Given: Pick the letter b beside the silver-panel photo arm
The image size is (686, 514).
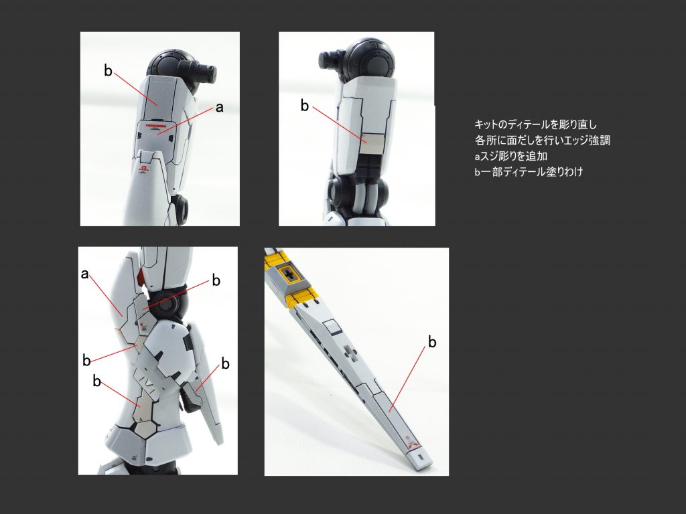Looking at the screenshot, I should click(x=305, y=106).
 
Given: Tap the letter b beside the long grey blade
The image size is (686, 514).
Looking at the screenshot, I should click(x=432, y=343).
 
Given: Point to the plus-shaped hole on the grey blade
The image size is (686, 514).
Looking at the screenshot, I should click(x=349, y=353).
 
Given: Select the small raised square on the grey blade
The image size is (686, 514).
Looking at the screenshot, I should click(x=330, y=327).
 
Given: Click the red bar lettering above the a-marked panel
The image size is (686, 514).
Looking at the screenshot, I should click(x=155, y=123).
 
